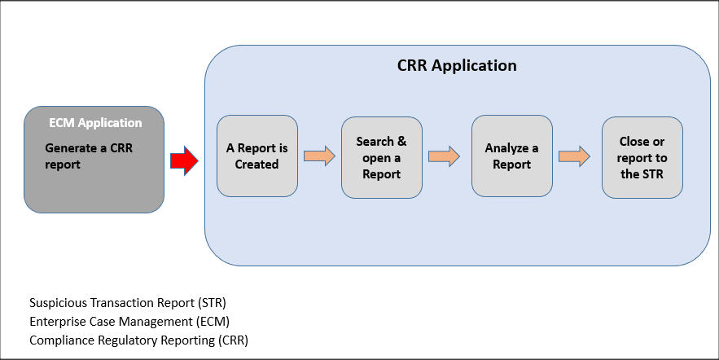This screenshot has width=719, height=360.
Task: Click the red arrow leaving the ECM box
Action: [184, 160]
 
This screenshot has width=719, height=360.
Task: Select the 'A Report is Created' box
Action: [257, 156]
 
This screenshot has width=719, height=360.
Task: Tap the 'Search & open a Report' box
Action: [382, 157]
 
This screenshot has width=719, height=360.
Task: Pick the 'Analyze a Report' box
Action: [512, 156]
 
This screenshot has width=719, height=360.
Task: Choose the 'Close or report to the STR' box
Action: [642, 157]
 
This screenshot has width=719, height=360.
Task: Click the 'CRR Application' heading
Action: [457, 65]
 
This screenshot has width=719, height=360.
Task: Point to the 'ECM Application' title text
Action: [95, 123]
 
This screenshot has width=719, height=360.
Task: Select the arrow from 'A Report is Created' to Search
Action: [319, 156]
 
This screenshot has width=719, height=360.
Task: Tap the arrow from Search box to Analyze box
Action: [444, 156]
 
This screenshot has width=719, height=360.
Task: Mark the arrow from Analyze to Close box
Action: [574, 156]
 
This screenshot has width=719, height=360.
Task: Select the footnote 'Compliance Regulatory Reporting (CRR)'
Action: [138, 340]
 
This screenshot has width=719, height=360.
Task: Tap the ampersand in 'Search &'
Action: [401, 142]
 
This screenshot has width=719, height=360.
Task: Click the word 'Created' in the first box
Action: [257, 165]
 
